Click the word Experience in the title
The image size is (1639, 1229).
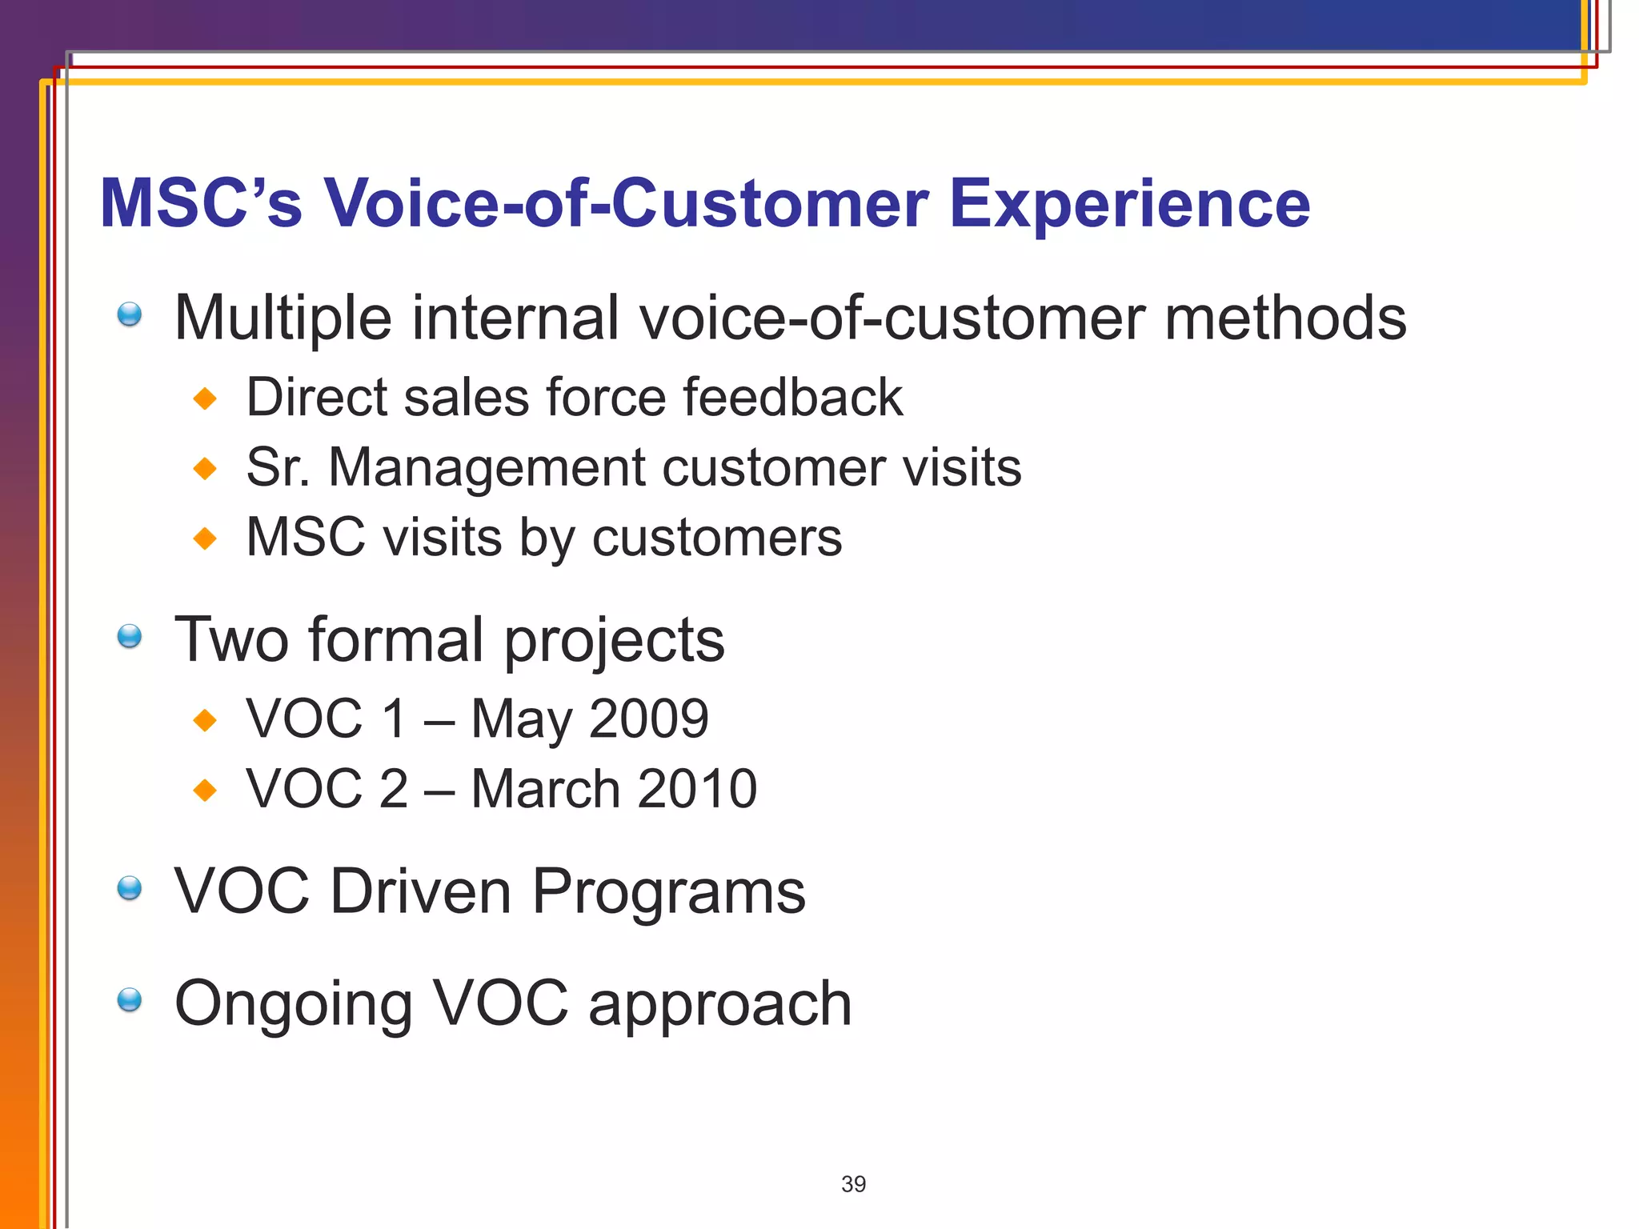pos(1128,205)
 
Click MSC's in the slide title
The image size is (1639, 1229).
pos(201,205)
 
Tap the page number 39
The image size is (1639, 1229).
pos(853,1183)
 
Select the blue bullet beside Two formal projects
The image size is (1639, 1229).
pos(130,637)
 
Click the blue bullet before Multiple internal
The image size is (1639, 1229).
pos(130,314)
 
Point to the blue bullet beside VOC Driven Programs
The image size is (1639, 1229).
pos(130,888)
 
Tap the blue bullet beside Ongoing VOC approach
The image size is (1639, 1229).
pos(130,1000)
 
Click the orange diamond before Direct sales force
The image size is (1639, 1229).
pos(206,398)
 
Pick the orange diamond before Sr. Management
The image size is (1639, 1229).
pos(206,468)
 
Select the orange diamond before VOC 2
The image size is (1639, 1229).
pos(206,791)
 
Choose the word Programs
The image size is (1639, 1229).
pos(668,891)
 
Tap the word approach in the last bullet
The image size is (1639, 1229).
pos(719,1005)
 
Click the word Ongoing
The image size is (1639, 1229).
pos(293,1005)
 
